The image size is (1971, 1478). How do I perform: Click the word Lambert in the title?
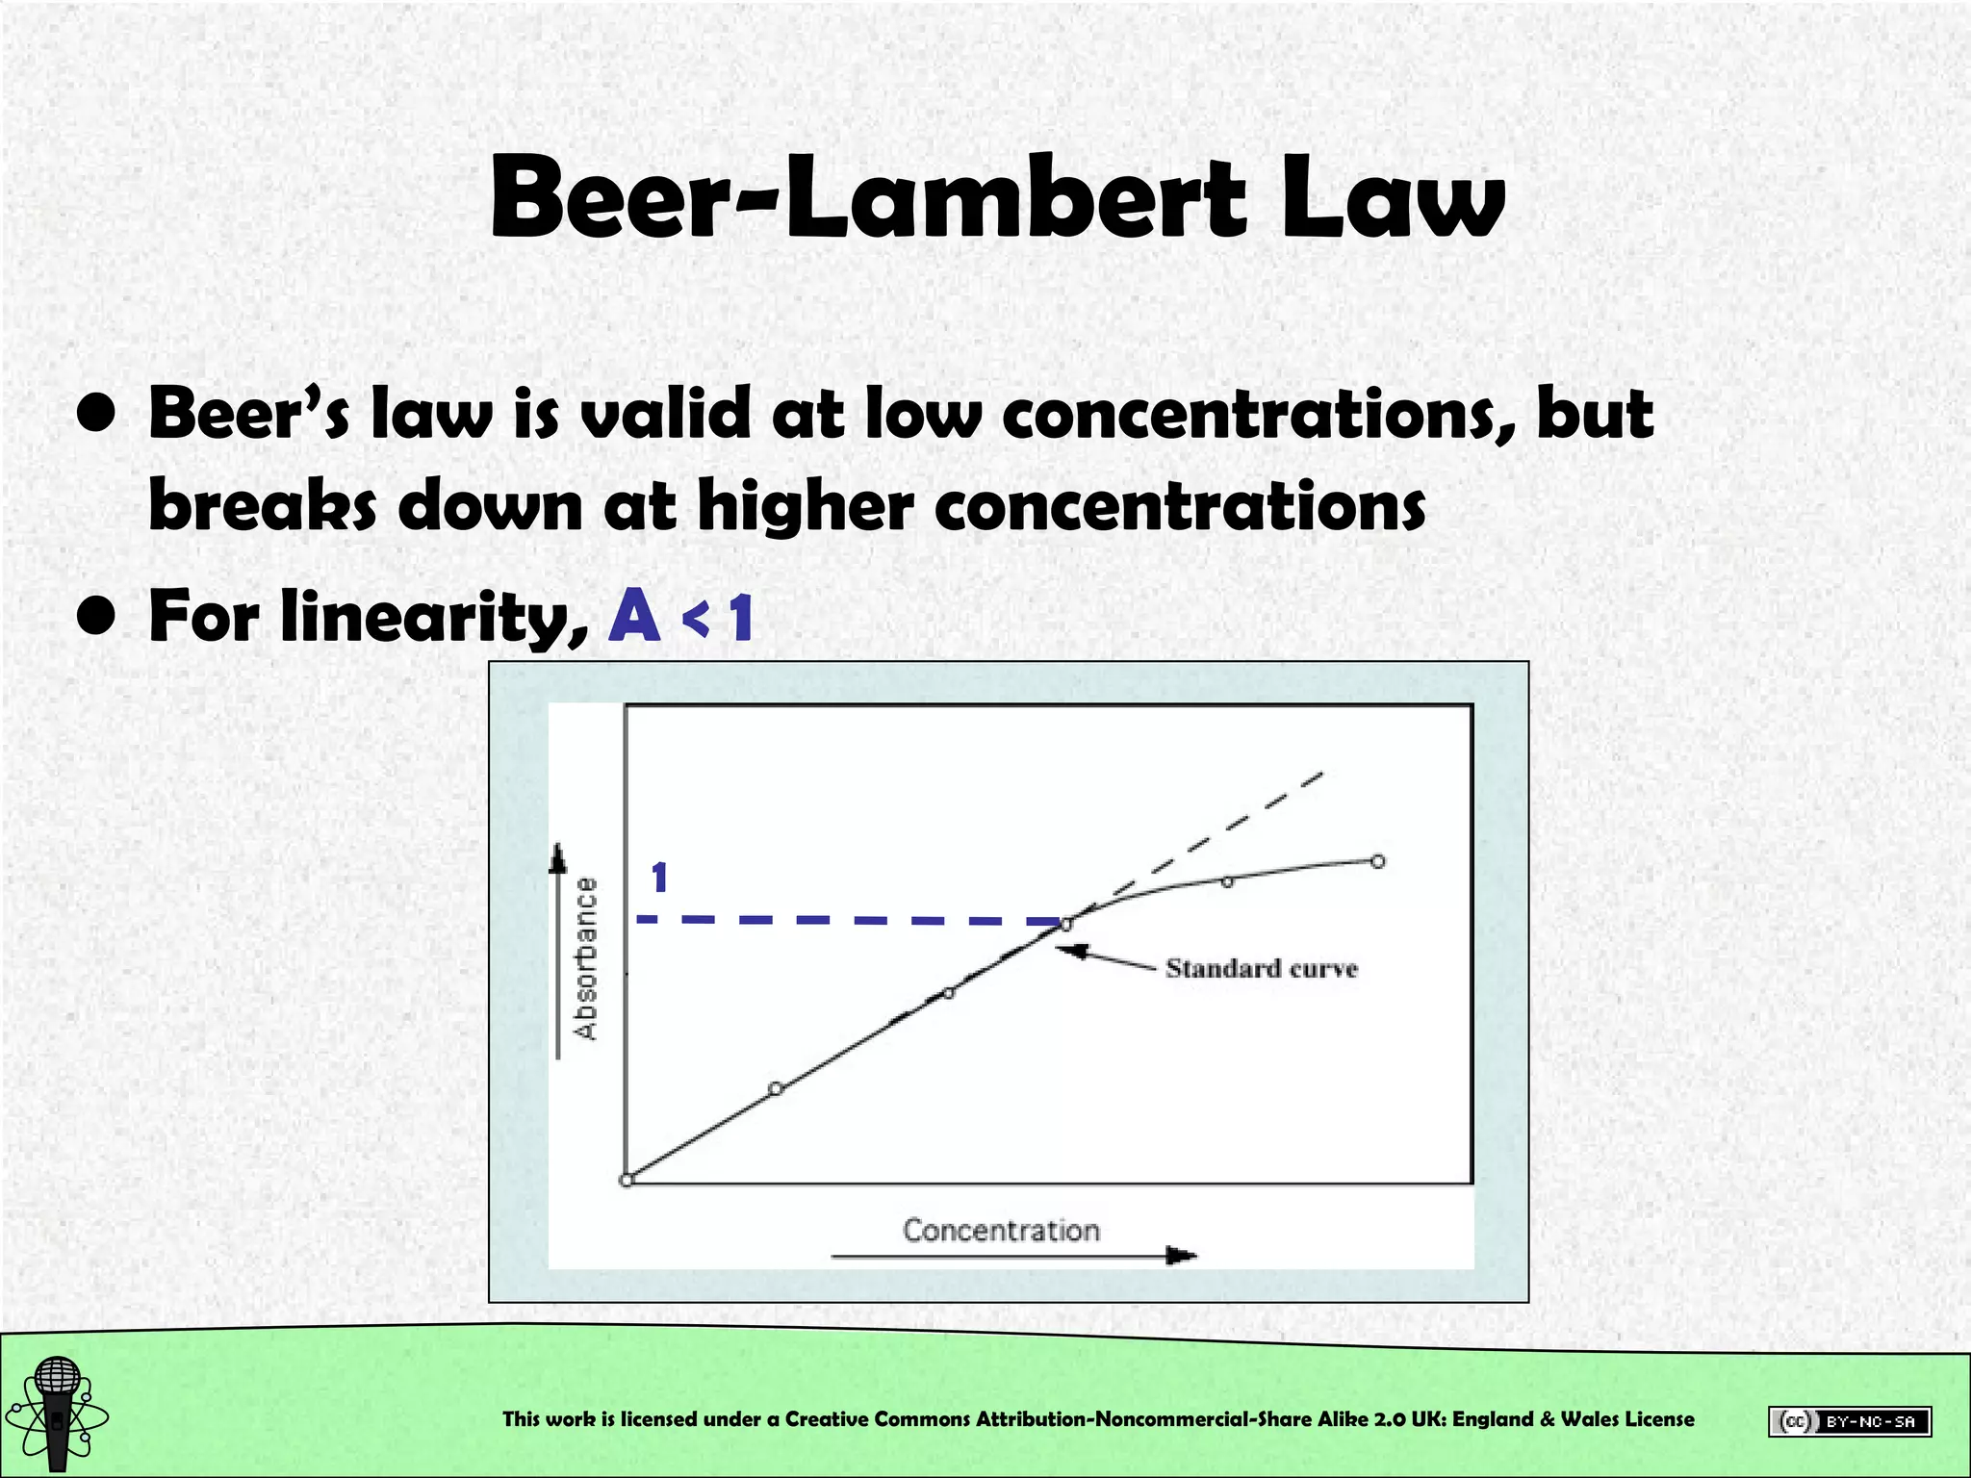[x=1015, y=200]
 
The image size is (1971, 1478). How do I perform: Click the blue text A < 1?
[x=679, y=616]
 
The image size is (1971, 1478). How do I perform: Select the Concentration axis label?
[x=1001, y=1230]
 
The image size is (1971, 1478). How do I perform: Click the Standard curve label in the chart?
[x=1261, y=968]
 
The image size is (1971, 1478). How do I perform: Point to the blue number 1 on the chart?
[x=659, y=878]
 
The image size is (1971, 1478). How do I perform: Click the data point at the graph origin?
[x=627, y=1180]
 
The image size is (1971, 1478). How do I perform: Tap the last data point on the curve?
[x=1377, y=861]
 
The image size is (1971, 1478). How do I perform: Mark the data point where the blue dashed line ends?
[x=1065, y=925]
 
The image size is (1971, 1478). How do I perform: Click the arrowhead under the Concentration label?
[x=1181, y=1255]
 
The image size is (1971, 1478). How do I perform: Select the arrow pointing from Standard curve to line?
[x=1107, y=956]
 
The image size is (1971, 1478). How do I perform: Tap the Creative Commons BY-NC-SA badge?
[x=1849, y=1421]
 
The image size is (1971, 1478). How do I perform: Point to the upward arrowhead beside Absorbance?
[x=557, y=856]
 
